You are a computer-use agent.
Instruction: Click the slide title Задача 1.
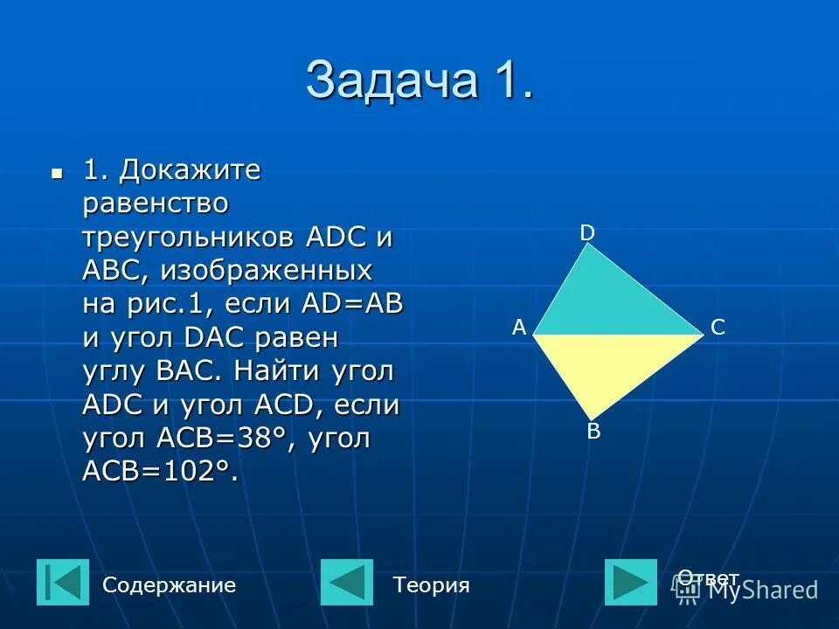[419, 81]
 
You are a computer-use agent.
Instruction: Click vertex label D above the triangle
[587, 232]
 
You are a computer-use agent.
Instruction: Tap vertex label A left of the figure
[519, 328]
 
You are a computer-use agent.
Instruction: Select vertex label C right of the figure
[718, 328]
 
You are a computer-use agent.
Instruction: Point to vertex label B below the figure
[593, 431]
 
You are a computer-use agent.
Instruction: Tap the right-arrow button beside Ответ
[630, 583]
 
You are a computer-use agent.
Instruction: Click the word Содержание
[169, 585]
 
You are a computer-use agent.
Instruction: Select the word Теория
[431, 585]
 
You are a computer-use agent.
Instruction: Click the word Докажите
[191, 170]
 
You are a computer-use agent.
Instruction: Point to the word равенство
[156, 204]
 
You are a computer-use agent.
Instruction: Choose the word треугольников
[190, 238]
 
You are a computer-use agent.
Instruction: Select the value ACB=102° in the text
[160, 472]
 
